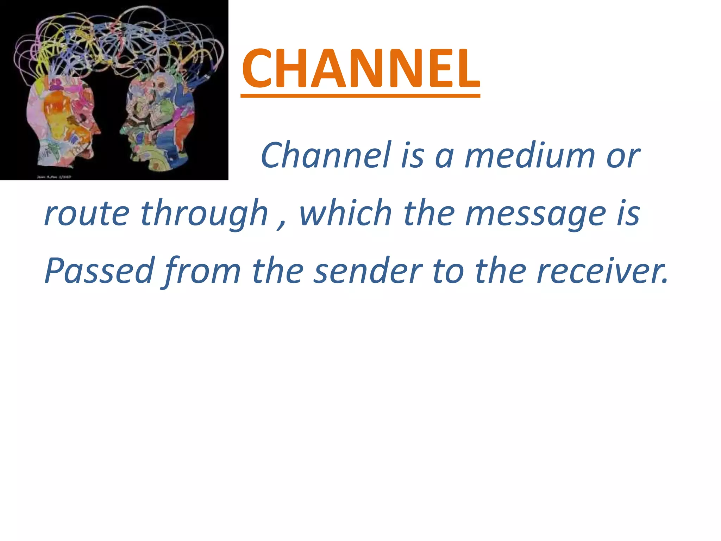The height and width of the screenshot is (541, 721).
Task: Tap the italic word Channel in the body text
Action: [x=326, y=155]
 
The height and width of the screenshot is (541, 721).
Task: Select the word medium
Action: [x=530, y=155]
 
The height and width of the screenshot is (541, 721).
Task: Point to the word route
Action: [x=87, y=213]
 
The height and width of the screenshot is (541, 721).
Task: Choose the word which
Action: [x=345, y=213]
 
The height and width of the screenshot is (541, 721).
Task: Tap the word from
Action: [x=202, y=271]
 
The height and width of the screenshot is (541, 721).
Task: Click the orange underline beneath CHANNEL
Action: [x=360, y=95]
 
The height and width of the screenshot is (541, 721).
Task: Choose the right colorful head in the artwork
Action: [x=158, y=120]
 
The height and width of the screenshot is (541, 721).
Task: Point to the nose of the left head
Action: [x=98, y=130]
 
